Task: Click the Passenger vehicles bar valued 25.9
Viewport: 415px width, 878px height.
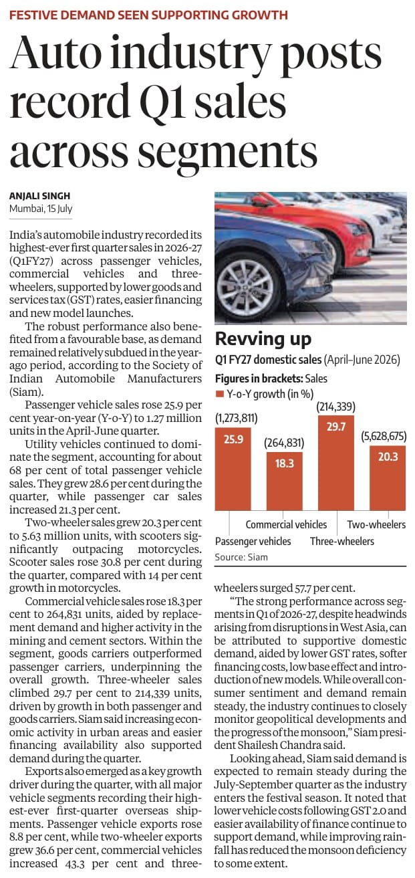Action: tap(233, 468)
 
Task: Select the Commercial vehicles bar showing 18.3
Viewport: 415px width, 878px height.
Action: tap(285, 481)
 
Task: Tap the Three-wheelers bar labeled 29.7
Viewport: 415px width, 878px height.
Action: tap(336, 463)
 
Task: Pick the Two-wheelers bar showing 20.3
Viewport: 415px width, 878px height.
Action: tap(388, 478)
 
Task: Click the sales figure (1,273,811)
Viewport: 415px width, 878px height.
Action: tap(237, 418)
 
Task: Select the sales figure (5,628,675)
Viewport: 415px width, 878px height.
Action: tap(384, 436)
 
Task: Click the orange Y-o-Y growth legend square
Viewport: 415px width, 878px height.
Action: tap(219, 394)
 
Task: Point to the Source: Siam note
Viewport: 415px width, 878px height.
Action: tap(241, 557)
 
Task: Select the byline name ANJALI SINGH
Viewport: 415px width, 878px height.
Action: tap(39, 196)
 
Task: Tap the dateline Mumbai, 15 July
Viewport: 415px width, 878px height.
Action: tap(41, 209)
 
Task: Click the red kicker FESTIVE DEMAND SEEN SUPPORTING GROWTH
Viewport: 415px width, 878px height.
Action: tap(148, 15)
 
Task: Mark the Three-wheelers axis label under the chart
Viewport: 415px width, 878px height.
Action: tap(341, 541)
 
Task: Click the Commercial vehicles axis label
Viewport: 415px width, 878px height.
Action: tap(286, 524)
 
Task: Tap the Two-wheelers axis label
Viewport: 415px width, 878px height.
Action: tap(376, 524)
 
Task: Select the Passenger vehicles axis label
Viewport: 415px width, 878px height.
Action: tap(253, 541)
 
